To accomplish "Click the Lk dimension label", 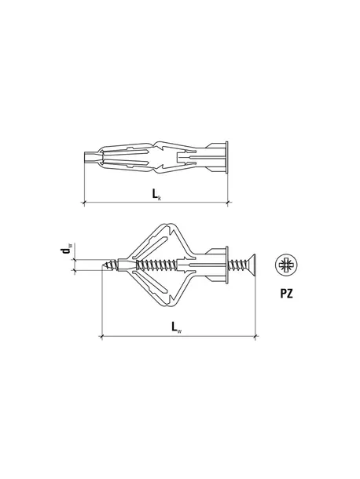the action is click(156, 194).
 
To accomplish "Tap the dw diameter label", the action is click(66, 248).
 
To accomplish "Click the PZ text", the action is click(287, 294).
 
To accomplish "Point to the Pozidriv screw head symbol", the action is click(287, 265).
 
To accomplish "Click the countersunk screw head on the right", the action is click(251, 265).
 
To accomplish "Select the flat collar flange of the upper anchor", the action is click(226, 157).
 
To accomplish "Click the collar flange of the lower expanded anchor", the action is click(226, 265).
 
